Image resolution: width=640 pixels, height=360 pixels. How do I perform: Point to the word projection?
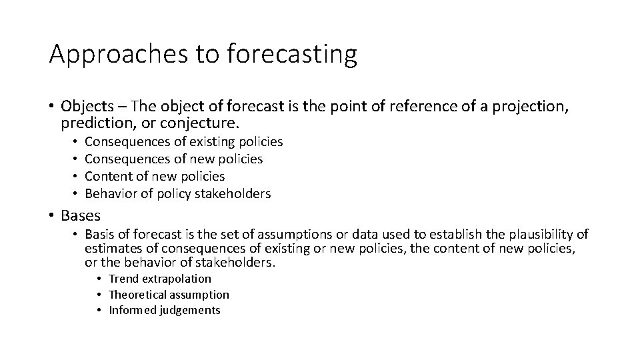pyautogui.click(x=525, y=107)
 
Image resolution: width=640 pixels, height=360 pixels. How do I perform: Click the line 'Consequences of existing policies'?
pyautogui.click(x=184, y=142)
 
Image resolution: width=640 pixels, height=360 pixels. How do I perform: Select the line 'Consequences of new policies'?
pyautogui.click(x=174, y=159)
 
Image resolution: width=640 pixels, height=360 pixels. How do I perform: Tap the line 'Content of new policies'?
pyautogui.click(x=155, y=177)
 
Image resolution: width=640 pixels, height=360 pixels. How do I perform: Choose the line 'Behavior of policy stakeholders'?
pyautogui.click(x=178, y=194)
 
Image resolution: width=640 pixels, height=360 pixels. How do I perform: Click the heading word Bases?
pyautogui.click(x=81, y=215)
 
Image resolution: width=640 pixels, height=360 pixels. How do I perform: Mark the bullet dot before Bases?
pyautogui.click(x=52, y=216)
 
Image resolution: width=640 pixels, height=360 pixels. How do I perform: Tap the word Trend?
pyautogui.click(x=123, y=279)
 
